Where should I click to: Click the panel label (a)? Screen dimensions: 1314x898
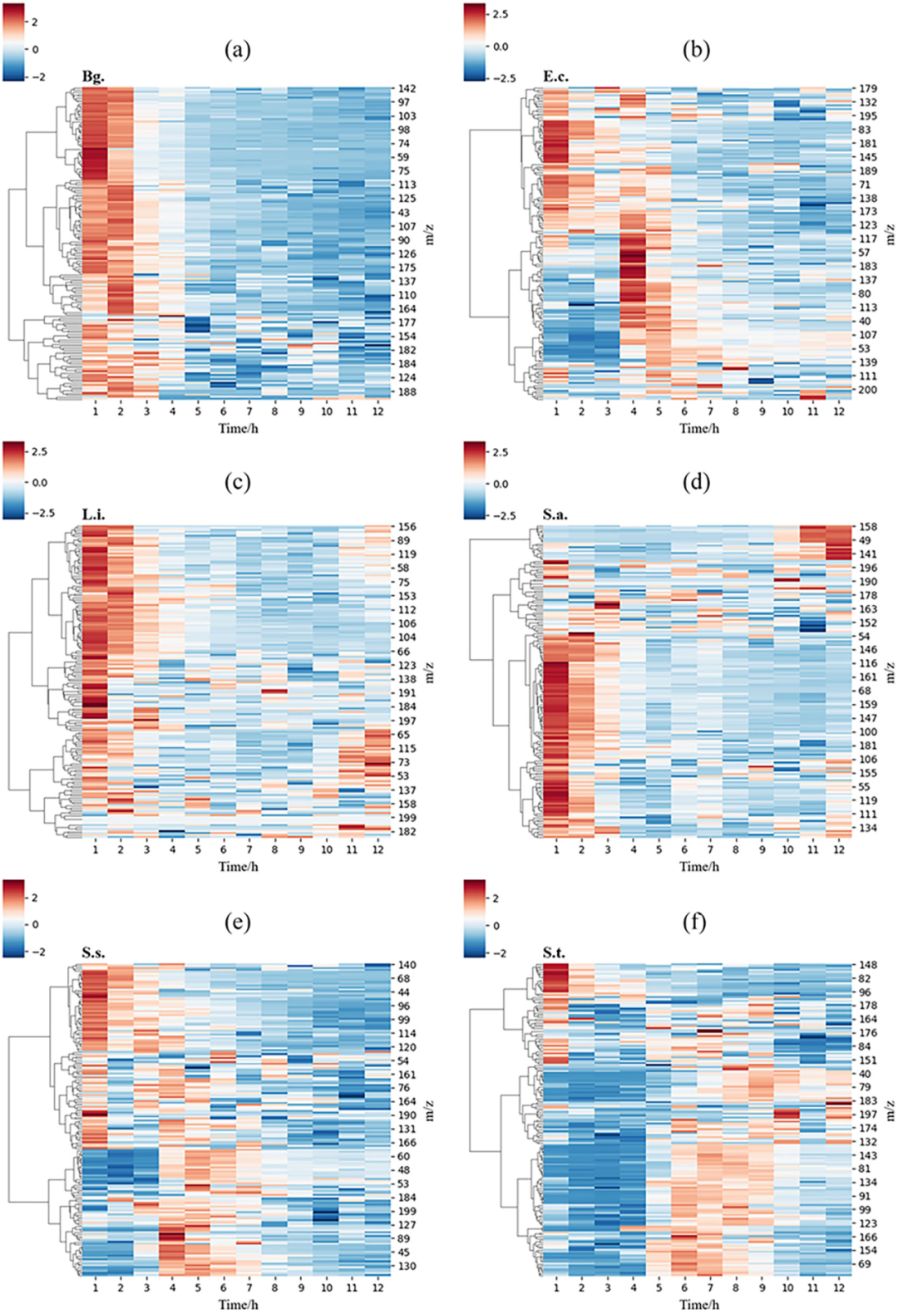238,50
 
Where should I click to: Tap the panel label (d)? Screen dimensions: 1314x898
696,482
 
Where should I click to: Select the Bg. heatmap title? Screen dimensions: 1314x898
93,76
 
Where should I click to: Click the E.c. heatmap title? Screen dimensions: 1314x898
555,76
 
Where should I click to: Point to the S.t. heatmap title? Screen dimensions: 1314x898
554,952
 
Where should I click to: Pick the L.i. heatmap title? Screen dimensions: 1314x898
93,514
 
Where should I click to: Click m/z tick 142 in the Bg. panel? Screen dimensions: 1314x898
407,89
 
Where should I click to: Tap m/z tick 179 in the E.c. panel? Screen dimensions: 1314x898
867,89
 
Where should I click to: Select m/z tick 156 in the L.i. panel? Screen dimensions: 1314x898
407,527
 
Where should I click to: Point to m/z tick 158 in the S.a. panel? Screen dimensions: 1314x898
867,527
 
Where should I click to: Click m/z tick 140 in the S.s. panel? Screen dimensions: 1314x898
407,965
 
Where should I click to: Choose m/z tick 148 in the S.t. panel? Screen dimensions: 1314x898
867,966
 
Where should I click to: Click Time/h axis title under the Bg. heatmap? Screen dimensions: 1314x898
238,428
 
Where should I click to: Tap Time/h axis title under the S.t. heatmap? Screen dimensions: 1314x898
698,1304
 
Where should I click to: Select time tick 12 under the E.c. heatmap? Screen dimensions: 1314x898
838,411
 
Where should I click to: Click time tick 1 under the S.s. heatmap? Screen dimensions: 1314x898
96,1287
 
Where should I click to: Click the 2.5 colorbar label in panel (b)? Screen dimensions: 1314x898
501,14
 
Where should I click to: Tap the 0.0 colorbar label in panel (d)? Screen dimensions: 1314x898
501,484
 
